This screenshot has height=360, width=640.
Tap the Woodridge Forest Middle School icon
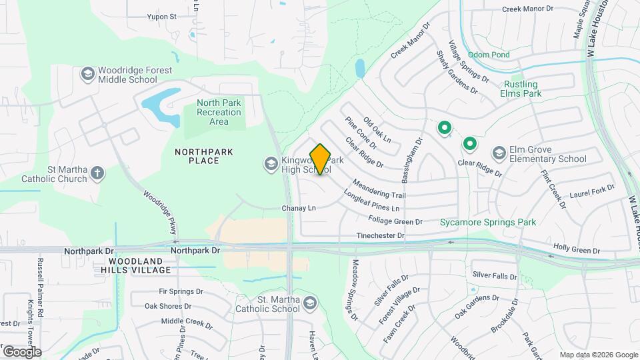click(x=87, y=73)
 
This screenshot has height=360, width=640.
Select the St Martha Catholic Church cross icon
click(x=97, y=174)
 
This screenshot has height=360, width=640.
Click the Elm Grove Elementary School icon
click(x=498, y=154)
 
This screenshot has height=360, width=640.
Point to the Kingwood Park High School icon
click(x=271, y=163)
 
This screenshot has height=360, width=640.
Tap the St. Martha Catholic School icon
click(x=309, y=304)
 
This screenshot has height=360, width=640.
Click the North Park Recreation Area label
click(x=219, y=112)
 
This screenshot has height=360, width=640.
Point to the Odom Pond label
click(x=488, y=55)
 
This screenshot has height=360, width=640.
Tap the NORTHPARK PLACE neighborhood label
click(x=204, y=156)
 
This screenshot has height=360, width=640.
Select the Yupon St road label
click(x=162, y=16)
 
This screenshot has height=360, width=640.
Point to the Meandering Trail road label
click(x=379, y=190)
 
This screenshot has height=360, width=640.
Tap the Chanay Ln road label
click(x=298, y=208)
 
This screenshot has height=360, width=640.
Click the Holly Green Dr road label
click(x=577, y=249)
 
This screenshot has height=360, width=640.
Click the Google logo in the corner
click(x=22, y=351)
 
